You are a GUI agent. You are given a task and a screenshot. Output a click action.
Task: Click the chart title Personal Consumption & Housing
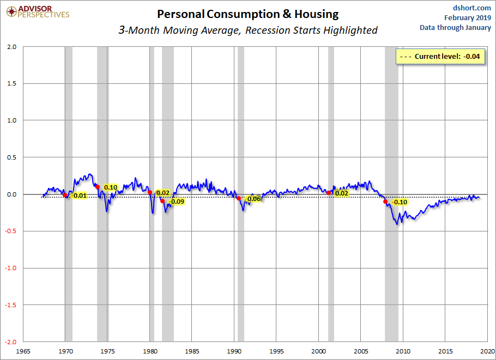247,14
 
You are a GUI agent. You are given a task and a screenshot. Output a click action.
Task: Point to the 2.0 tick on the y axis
11,47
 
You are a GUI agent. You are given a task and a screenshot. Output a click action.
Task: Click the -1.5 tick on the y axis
10,305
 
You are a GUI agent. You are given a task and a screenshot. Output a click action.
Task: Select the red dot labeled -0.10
385,202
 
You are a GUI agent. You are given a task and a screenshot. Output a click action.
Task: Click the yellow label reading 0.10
111,187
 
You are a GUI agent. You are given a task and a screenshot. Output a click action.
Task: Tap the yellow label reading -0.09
177,202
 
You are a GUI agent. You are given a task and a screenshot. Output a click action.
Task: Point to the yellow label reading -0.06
253,199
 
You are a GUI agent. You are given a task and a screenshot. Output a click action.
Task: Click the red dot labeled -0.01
65,195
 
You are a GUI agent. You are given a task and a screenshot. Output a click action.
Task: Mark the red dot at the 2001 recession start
329,193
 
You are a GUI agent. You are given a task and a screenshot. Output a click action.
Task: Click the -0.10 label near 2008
400,202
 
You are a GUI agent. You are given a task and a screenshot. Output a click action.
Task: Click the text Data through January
455,28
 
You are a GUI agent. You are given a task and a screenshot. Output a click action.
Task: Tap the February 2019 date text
468,17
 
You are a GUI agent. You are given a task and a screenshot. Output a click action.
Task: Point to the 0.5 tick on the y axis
11,157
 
